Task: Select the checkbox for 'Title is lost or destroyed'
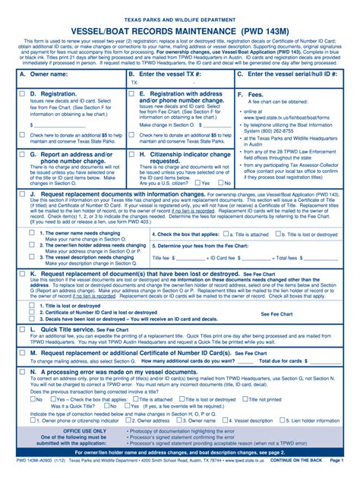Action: [32, 305]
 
